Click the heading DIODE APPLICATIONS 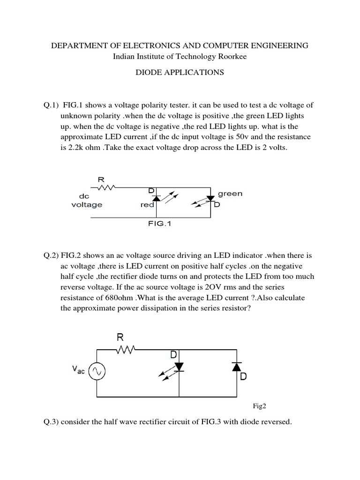pyautogui.click(x=180, y=72)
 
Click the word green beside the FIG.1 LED pyautogui.click(x=230, y=194)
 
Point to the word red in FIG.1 pyautogui.click(x=147, y=205)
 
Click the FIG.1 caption pyautogui.click(x=160, y=224)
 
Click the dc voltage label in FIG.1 pyautogui.click(x=87, y=201)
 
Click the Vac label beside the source pyautogui.click(x=79, y=370)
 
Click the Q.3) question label pyautogui.click(x=51, y=422)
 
